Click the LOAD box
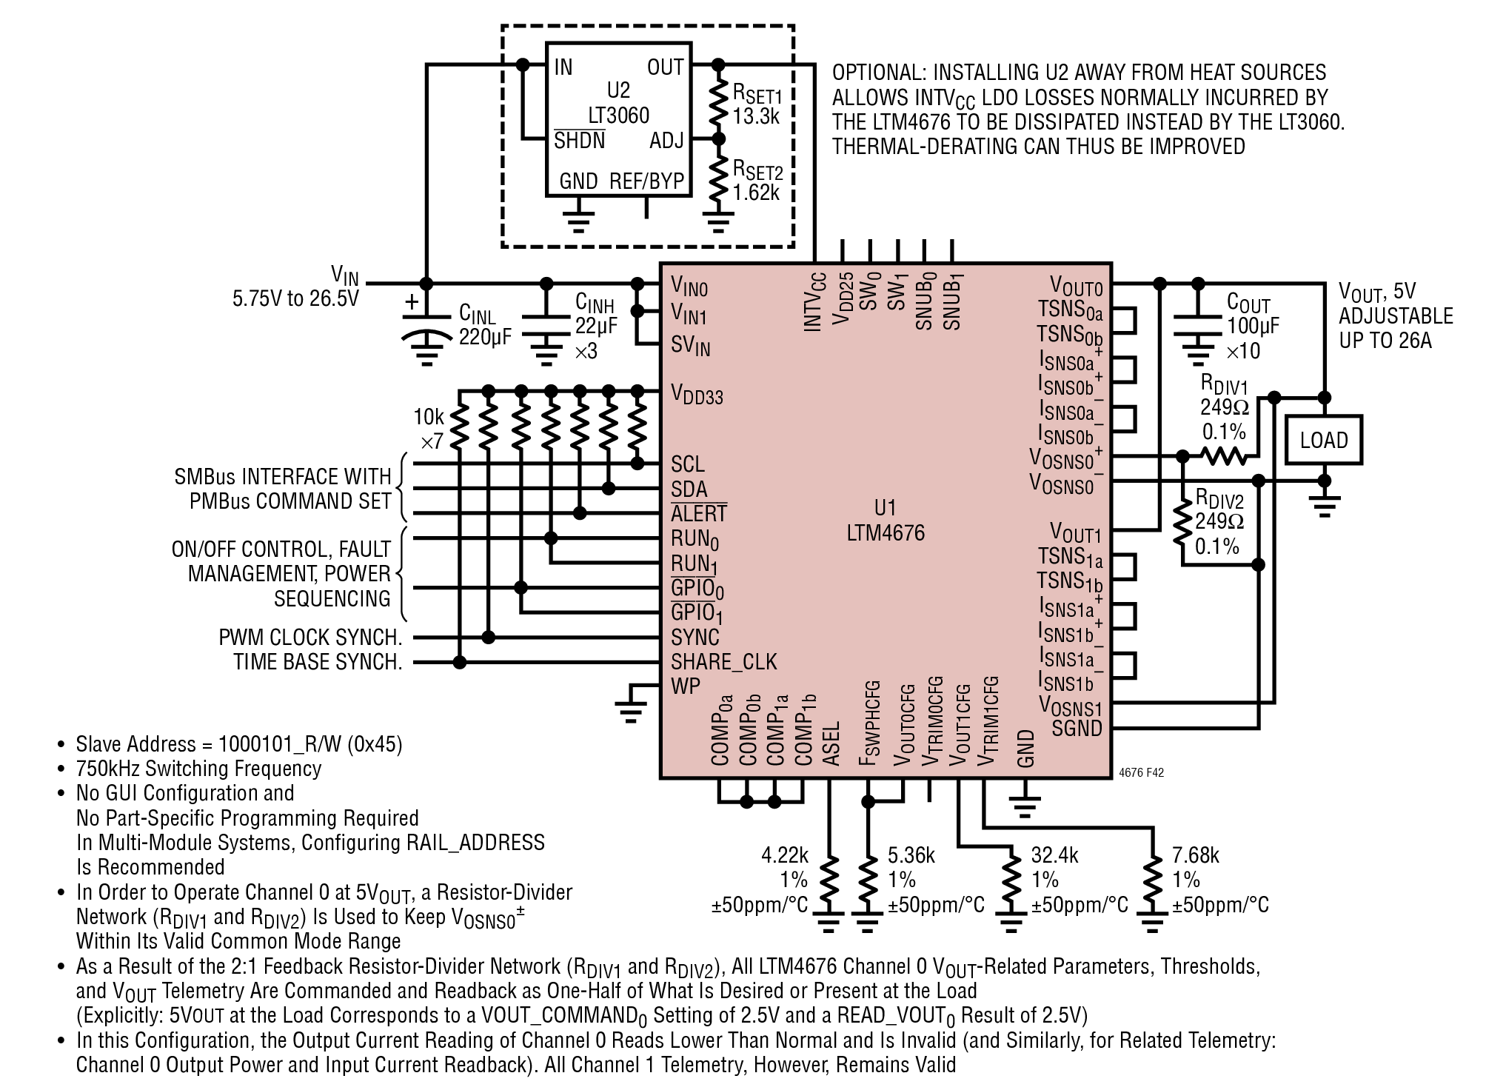[x=1324, y=440]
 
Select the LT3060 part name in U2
[x=618, y=116]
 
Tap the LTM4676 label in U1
[x=886, y=533]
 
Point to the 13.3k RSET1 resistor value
[x=756, y=116]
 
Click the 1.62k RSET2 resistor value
[x=756, y=193]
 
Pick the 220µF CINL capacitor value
[x=485, y=338]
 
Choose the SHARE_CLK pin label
[x=724, y=662]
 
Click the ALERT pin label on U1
[x=699, y=513]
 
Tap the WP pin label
[x=686, y=686]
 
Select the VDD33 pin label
[x=697, y=393]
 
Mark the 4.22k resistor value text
[x=785, y=856]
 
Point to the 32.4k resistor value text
[x=1055, y=856]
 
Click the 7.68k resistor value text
[x=1196, y=856]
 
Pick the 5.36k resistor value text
[x=911, y=856]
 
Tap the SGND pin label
[x=1077, y=729]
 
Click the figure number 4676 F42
[x=1142, y=772]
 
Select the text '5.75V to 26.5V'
[x=295, y=298]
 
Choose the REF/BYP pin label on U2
[x=646, y=181]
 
